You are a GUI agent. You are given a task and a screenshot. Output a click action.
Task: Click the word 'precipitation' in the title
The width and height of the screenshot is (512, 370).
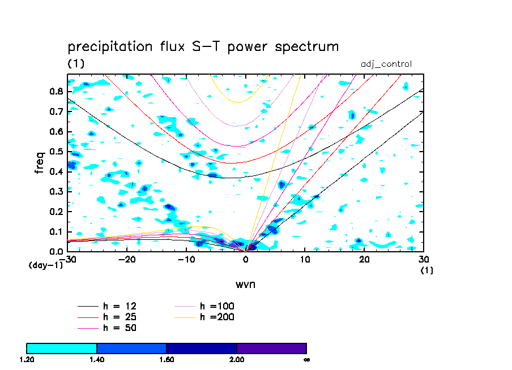(x=110, y=47)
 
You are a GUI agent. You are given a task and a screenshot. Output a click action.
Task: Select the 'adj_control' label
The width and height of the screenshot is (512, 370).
(x=386, y=64)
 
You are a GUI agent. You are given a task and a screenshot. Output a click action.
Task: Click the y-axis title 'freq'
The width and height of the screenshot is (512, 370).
(x=40, y=162)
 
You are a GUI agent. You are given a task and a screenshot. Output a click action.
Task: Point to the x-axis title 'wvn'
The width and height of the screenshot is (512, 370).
(x=245, y=285)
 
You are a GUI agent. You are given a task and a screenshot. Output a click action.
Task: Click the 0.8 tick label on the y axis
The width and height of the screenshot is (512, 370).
(x=56, y=92)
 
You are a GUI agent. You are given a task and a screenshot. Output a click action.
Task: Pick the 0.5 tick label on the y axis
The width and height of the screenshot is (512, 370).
(x=56, y=152)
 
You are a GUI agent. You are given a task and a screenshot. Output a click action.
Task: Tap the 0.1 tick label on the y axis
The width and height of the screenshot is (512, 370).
(x=56, y=232)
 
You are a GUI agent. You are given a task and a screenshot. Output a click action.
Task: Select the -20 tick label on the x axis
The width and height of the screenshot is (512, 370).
(x=127, y=260)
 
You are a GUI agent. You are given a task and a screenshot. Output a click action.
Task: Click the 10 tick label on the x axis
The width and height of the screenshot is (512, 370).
(x=305, y=260)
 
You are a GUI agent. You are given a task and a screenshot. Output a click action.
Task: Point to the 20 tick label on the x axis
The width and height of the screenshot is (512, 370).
(x=364, y=260)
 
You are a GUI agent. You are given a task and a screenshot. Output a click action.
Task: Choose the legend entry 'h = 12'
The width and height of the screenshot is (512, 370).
(x=107, y=306)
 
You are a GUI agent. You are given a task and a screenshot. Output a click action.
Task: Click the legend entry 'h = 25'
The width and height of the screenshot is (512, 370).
(x=107, y=317)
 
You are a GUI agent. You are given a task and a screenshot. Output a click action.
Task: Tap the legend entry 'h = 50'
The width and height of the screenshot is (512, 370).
(x=107, y=328)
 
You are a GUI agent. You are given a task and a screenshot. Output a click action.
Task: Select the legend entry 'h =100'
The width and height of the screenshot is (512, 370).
(x=204, y=306)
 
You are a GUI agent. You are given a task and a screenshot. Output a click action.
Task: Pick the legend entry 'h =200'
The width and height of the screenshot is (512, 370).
(x=204, y=317)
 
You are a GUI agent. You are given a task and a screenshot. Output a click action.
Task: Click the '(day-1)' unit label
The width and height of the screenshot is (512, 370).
(x=46, y=265)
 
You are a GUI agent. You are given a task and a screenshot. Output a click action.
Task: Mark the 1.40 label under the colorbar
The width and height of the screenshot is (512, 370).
(x=97, y=360)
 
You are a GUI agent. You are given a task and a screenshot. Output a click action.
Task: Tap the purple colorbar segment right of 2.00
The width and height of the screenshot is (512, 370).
(x=272, y=349)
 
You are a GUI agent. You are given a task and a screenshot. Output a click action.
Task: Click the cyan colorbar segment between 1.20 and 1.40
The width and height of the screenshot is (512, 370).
(x=62, y=349)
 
